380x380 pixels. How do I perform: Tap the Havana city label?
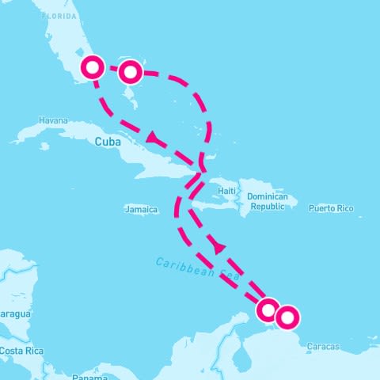click(53, 120)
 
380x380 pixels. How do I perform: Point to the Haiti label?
click(228, 191)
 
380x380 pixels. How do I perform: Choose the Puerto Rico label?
click(331, 209)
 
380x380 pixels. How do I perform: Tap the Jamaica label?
click(141, 210)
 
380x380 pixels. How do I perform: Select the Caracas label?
click(323, 347)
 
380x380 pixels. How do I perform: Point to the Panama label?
click(88, 378)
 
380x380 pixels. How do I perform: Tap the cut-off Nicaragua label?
click(14, 314)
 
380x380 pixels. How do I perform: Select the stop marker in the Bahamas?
click(131, 72)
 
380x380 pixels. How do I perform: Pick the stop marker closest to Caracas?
click(287, 317)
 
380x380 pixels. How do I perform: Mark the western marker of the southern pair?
click(268, 309)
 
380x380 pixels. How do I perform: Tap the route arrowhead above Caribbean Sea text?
click(219, 248)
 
